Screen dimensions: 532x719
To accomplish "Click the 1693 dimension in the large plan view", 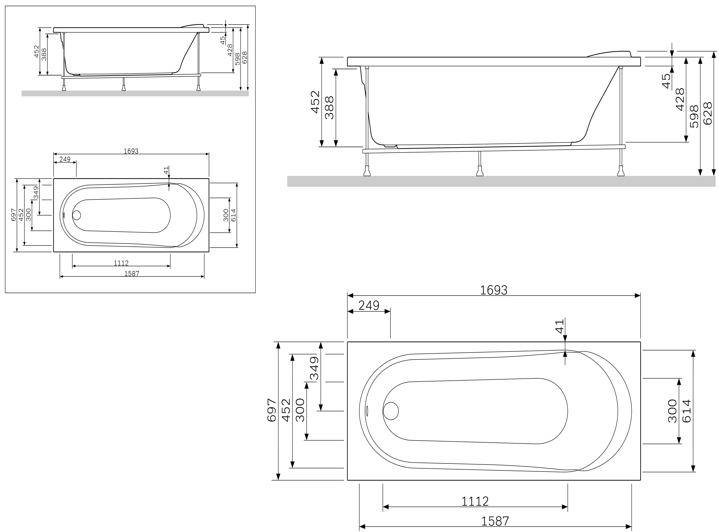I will pyautogui.click(x=493, y=290).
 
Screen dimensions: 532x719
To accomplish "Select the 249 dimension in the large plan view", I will pyautogui.click(x=369, y=305).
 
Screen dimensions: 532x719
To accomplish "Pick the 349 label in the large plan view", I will pyautogui.click(x=314, y=368).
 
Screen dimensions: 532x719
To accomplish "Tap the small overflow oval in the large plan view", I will pyautogui.click(x=367, y=411).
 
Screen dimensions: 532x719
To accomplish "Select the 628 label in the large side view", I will pyautogui.click(x=707, y=113).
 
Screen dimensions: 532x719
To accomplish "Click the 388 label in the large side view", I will pyautogui.click(x=329, y=108).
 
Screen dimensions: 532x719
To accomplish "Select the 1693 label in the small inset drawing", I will pyautogui.click(x=131, y=151).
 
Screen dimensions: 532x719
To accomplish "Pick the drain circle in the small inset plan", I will pyautogui.click(x=77, y=215).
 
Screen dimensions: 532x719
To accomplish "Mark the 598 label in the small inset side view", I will pyautogui.click(x=237, y=59).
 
